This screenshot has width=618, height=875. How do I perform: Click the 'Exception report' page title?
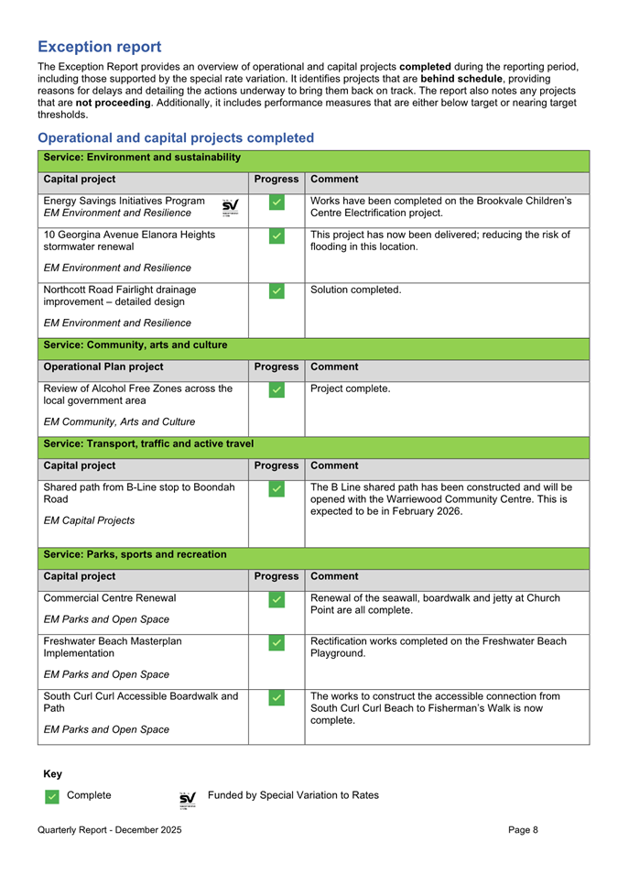(x=100, y=47)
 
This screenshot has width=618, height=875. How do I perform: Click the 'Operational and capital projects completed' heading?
(x=176, y=137)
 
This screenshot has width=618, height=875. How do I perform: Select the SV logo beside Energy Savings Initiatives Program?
(x=230, y=207)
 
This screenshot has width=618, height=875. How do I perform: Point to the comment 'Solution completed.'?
(x=356, y=290)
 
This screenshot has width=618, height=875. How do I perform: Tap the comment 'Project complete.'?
(x=351, y=388)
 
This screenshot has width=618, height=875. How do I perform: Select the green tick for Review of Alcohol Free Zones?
(x=277, y=390)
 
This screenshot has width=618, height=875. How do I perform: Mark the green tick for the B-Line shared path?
(x=277, y=489)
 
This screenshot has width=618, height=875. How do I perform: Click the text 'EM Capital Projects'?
(x=90, y=520)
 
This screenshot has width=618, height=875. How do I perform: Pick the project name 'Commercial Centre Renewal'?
(x=113, y=598)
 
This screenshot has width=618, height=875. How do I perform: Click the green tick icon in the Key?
(x=52, y=797)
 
